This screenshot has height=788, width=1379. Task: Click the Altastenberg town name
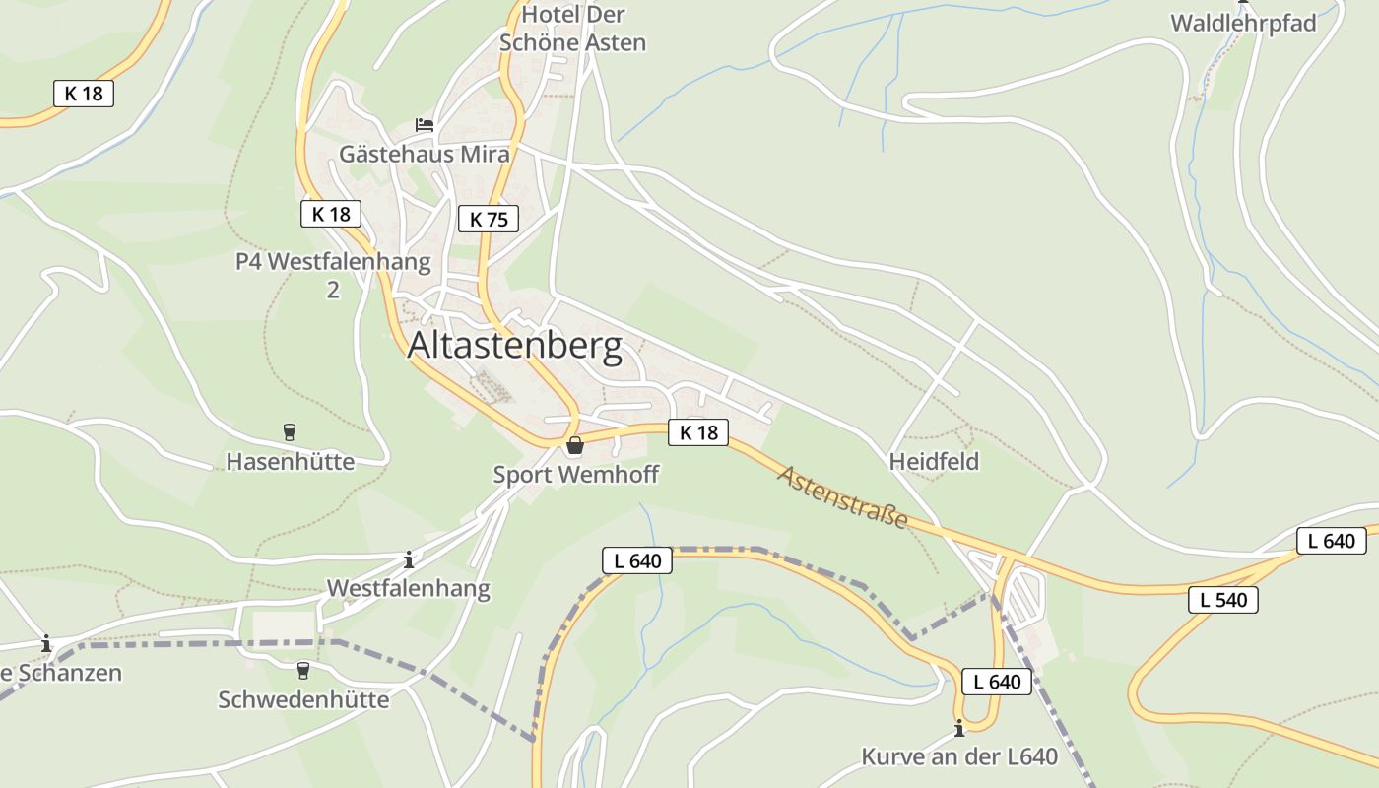514,347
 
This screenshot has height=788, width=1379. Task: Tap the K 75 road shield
489,219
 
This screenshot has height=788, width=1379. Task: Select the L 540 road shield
1223,600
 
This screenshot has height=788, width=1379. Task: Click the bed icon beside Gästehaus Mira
425,125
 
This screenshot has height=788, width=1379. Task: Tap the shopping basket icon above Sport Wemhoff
575,445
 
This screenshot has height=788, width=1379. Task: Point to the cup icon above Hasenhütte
290,431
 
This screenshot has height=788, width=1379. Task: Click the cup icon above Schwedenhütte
303,670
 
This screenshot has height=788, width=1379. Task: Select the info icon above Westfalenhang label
409,559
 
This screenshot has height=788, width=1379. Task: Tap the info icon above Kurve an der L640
959,728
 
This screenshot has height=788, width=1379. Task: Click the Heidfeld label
934,461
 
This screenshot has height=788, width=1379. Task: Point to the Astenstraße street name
842,497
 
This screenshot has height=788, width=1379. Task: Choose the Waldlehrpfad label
1243,24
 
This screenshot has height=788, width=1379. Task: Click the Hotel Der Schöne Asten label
573,29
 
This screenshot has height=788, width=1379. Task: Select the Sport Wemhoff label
576,475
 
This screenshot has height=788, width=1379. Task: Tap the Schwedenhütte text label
303,699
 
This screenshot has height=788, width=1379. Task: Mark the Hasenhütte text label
291,461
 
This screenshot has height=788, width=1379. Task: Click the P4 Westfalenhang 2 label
333,275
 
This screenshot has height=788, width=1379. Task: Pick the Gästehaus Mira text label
425,154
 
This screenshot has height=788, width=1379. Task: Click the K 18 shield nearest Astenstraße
698,431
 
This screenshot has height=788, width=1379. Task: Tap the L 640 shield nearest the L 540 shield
1332,540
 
